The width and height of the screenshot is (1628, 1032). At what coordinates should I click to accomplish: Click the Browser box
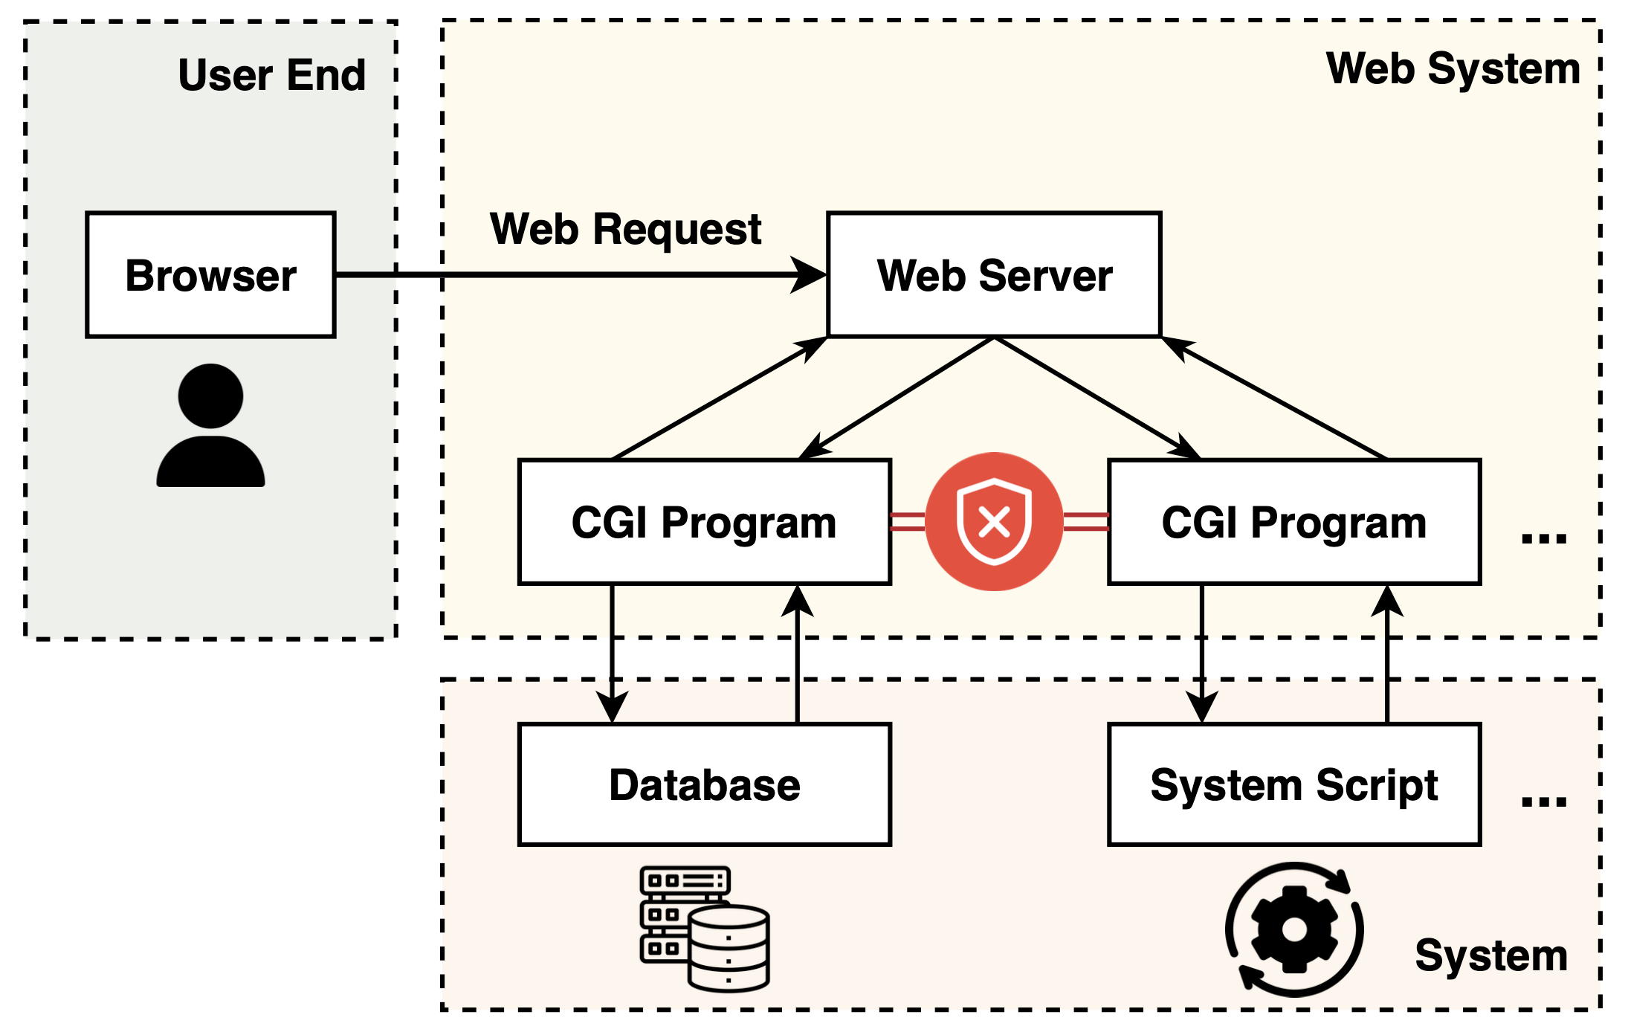(210, 275)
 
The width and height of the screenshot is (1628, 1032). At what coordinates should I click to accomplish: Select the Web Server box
(994, 275)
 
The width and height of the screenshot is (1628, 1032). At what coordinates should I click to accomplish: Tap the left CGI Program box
(704, 522)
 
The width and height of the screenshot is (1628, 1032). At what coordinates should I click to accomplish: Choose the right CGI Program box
(1293, 522)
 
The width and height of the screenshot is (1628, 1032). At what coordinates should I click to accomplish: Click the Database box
(704, 784)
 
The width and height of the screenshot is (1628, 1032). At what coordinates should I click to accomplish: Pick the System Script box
(1293, 784)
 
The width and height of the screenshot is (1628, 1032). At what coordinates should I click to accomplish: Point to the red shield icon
(994, 522)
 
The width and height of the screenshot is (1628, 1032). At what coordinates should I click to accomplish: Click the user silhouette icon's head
(210, 396)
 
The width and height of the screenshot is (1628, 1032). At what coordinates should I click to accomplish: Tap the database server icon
(704, 928)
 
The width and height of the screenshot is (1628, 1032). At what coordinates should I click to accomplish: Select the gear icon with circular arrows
(1294, 929)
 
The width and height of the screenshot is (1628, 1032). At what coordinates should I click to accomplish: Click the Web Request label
(625, 229)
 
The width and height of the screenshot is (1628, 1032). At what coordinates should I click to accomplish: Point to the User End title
(271, 75)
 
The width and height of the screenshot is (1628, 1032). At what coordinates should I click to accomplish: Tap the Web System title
(1453, 69)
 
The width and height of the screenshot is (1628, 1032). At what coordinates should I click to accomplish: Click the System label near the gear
(1490, 955)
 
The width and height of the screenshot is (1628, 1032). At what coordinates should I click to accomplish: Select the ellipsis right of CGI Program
(1543, 538)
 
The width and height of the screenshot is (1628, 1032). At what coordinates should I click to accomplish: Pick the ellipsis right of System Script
(1543, 801)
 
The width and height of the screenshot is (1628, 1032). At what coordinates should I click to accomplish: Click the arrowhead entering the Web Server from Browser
(810, 275)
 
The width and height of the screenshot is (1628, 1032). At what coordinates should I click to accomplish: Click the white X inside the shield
(994, 522)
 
